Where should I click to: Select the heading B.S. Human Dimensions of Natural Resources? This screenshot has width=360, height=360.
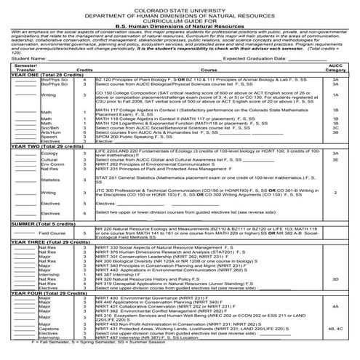(180, 25)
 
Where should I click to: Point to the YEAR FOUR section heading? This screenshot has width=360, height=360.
(47, 292)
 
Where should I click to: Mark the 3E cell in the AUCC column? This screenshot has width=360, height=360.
(335, 161)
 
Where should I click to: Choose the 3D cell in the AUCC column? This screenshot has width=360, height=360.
(335, 278)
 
